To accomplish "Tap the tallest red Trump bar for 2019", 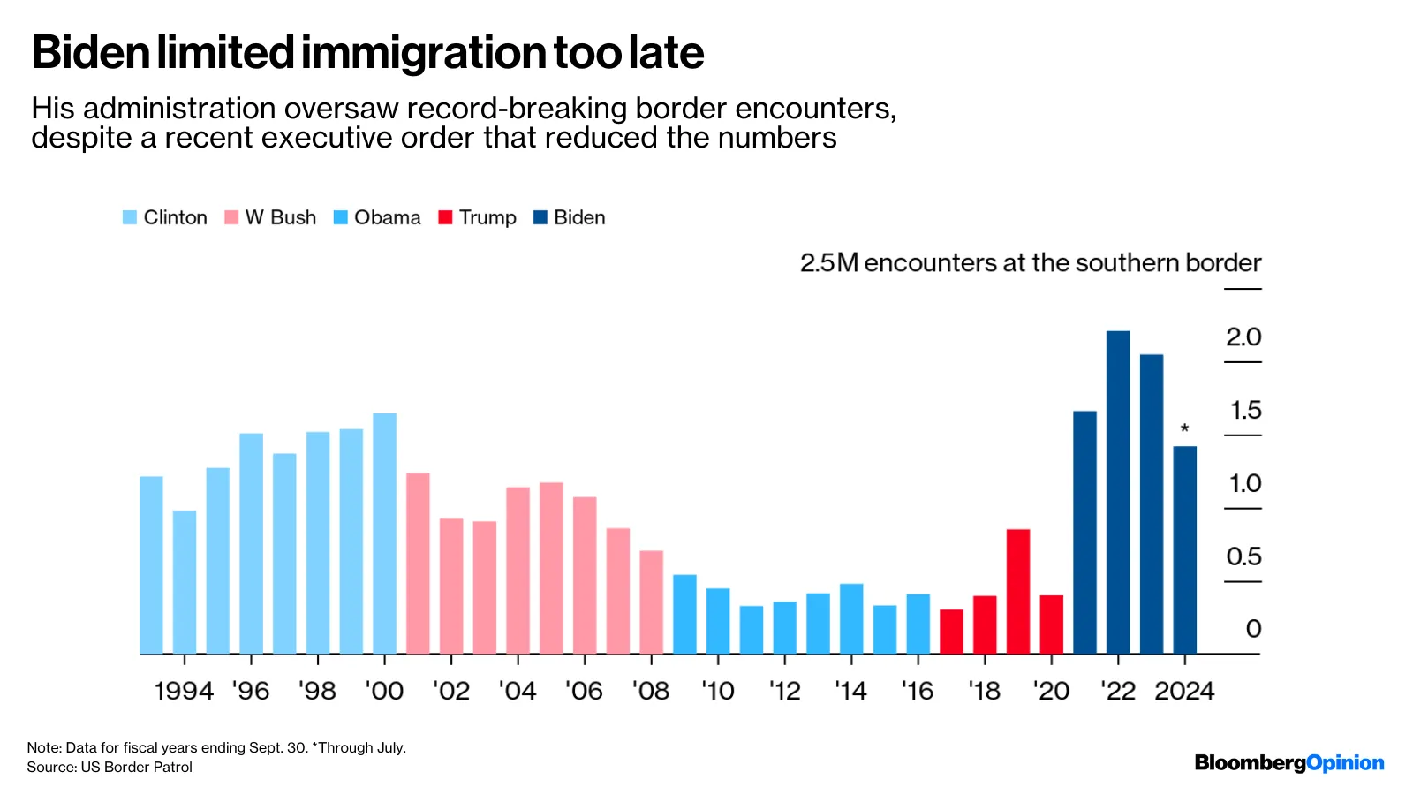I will [1018, 591].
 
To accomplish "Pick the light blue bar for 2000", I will [384, 534].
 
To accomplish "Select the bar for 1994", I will [185, 582].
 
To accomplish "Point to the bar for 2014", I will [851, 618].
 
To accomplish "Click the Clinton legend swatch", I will [130, 217].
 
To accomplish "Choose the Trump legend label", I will [487, 217].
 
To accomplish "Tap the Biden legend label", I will [579, 217].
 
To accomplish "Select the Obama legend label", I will [387, 217].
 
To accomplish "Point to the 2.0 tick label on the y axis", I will [1243, 337].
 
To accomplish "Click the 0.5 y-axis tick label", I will [1243, 556].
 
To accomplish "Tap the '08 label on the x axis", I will [651, 691].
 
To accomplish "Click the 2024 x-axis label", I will [1184, 691].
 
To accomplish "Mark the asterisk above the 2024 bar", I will [1184, 429].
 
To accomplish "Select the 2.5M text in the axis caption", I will [829, 263].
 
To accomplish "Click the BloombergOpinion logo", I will [1288, 763].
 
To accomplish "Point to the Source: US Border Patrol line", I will [110, 767].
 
